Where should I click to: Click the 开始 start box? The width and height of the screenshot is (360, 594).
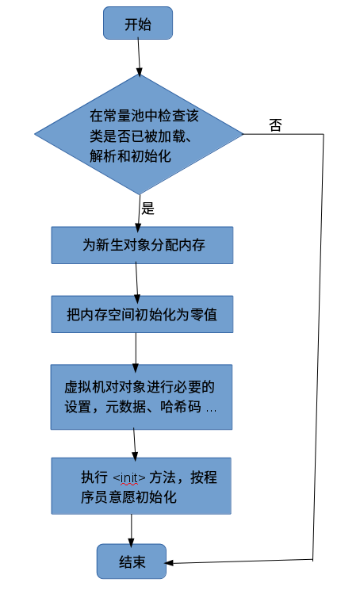(x=137, y=23)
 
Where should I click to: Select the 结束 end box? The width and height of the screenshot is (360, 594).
(x=132, y=561)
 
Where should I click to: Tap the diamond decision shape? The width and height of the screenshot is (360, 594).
(x=139, y=135)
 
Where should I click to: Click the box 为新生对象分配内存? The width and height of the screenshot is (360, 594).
(x=143, y=245)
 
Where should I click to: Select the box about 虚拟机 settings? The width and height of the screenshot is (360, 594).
(x=142, y=397)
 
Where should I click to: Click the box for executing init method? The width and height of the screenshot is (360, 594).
(x=142, y=486)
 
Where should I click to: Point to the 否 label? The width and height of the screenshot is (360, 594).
(x=274, y=125)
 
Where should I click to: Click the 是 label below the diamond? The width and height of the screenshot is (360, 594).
(x=147, y=209)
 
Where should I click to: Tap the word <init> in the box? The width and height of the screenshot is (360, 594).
(x=130, y=478)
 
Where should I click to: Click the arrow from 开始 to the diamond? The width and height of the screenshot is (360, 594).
(x=139, y=56)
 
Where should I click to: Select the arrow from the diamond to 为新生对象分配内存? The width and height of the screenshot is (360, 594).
(x=139, y=213)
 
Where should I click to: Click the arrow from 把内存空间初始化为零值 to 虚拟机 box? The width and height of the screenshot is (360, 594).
(x=136, y=349)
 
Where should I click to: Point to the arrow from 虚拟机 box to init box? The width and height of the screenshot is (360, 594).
(x=134, y=443)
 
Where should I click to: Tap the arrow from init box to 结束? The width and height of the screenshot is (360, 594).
(x=132, y=529)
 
